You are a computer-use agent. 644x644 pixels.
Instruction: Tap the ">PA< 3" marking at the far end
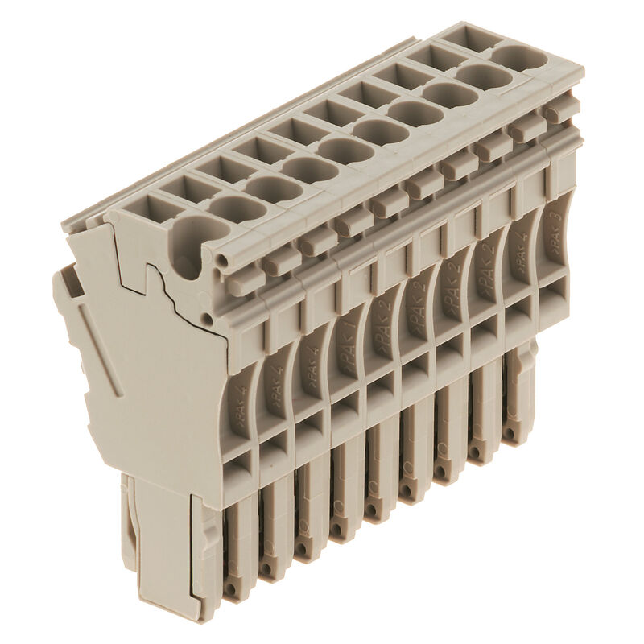[555, 233]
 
